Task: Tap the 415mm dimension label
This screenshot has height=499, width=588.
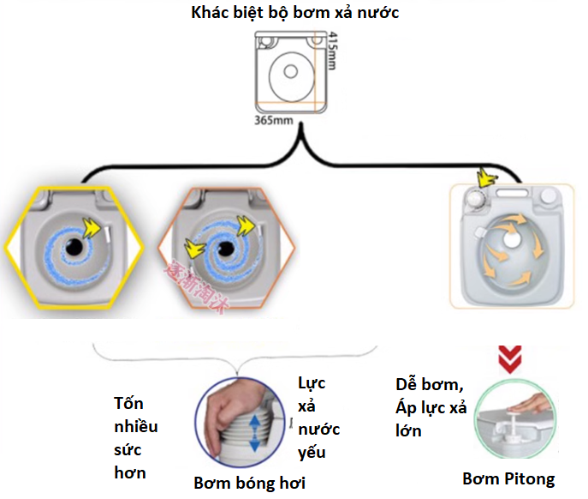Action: coord(334,52)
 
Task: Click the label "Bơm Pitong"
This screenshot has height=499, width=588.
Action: coord(508,478)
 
